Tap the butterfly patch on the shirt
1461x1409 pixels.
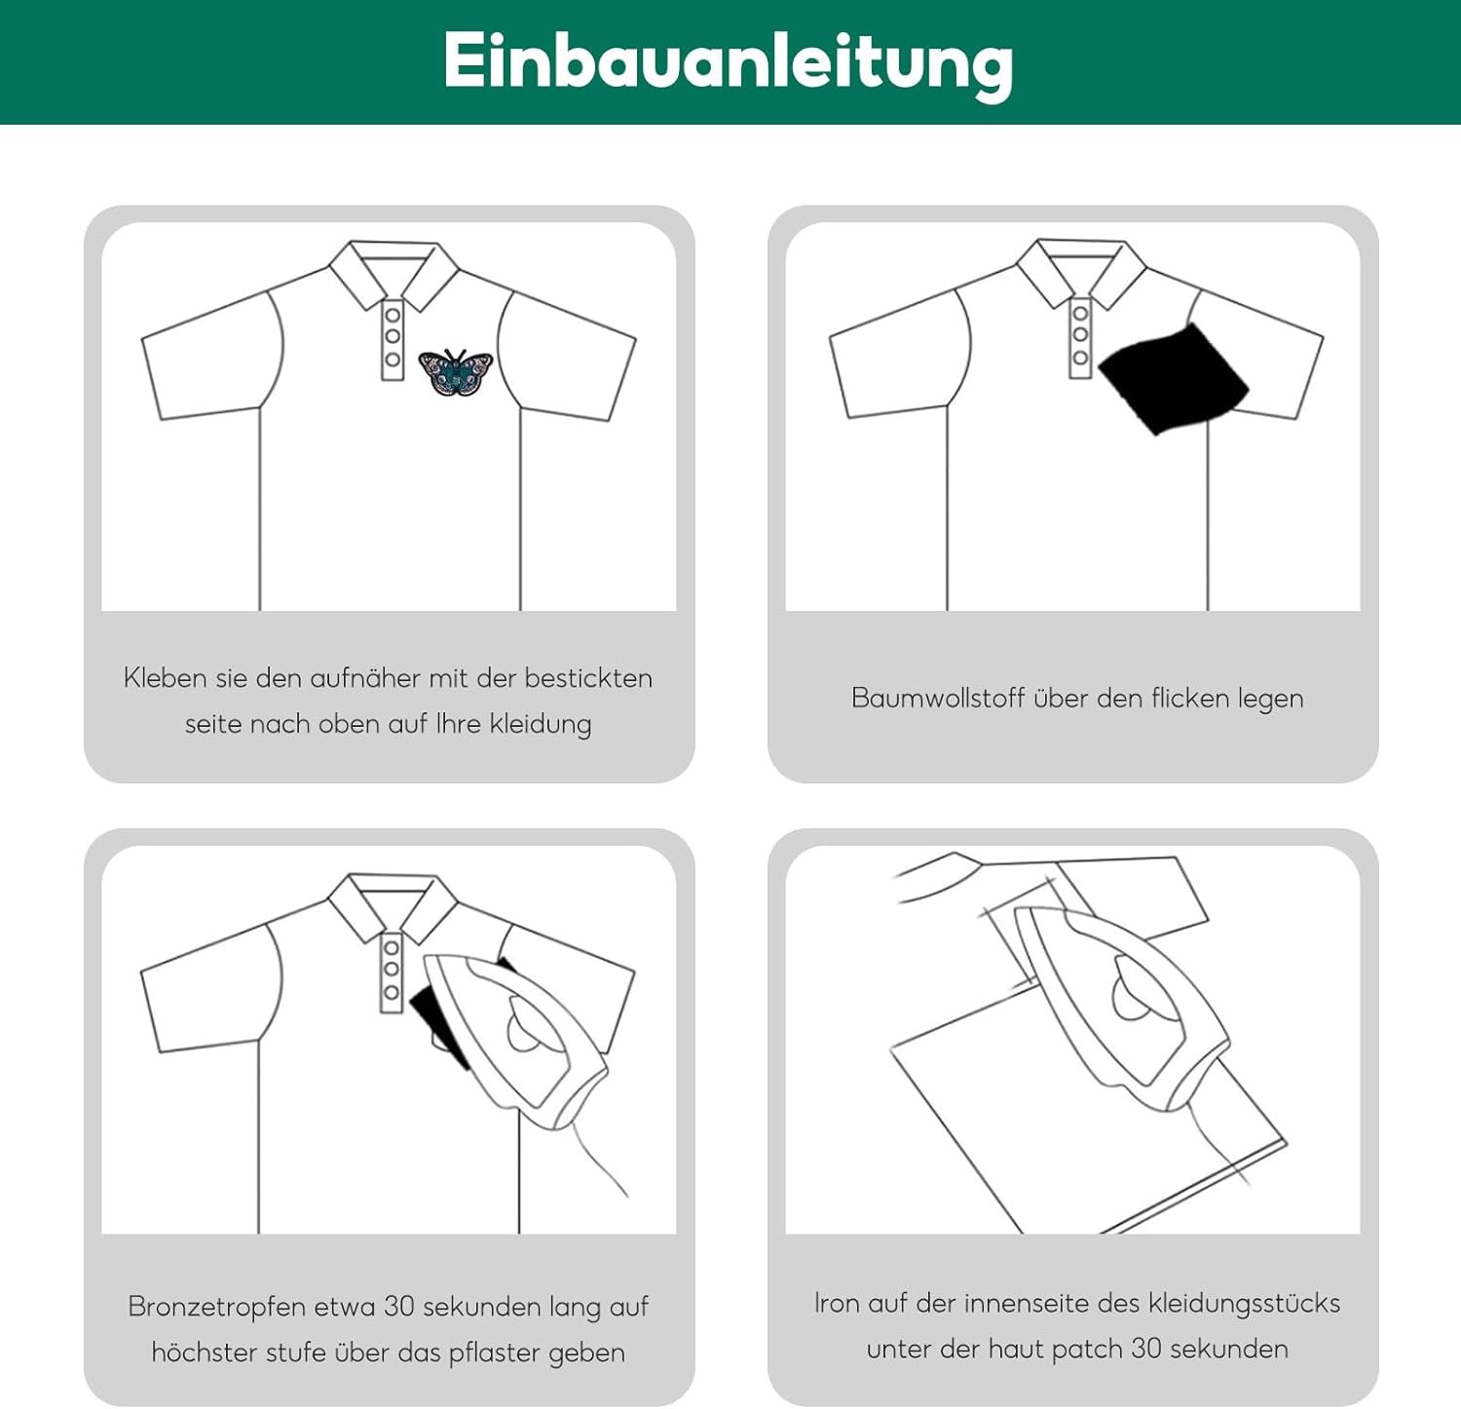point(456,373)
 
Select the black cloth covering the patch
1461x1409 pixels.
point(1173,378)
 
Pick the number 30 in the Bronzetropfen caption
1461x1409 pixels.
point(399,1306)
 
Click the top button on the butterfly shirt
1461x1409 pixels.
point(393,314)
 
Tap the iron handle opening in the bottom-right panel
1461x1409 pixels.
point(1135,986)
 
